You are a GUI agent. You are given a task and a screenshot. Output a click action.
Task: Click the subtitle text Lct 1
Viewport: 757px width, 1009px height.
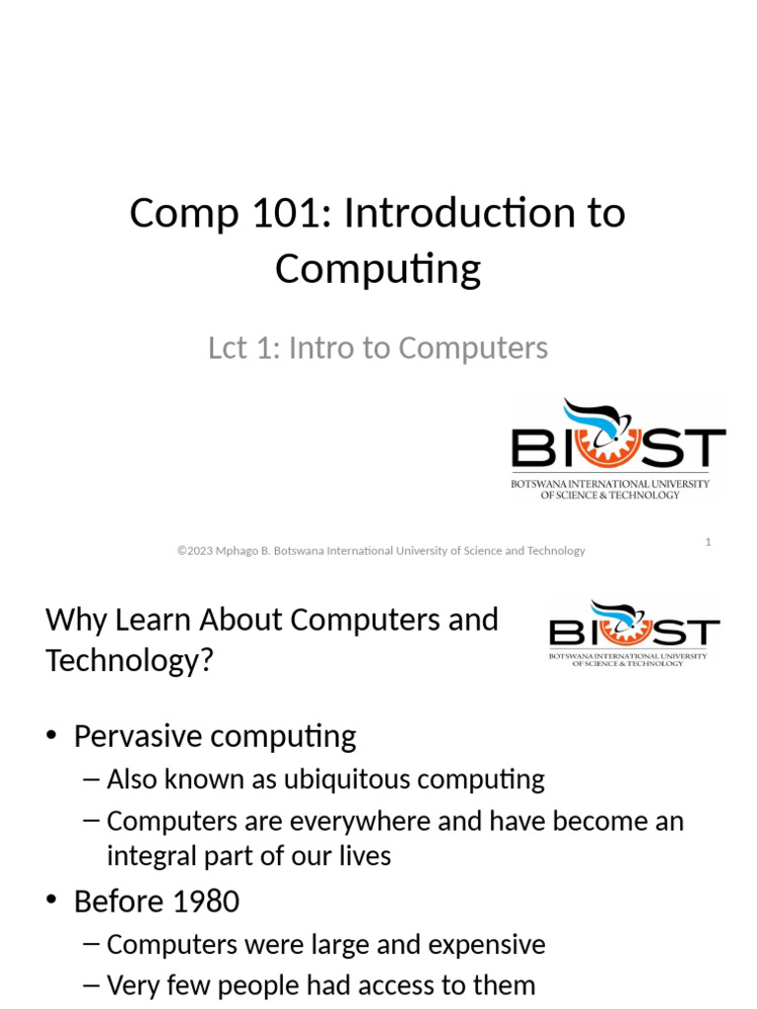coord(241,348)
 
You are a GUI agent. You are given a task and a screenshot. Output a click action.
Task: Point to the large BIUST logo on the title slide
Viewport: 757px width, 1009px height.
coord(617,448)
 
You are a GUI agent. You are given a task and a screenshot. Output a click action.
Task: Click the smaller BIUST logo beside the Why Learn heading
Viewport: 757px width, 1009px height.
coord(634,634)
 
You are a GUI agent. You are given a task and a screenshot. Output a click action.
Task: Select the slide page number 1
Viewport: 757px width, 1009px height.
coord(708,542)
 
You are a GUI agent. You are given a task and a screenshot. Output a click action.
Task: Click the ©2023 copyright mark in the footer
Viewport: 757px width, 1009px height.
coord(196,551)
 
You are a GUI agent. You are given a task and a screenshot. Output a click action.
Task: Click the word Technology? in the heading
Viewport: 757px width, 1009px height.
coord(129,660)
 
